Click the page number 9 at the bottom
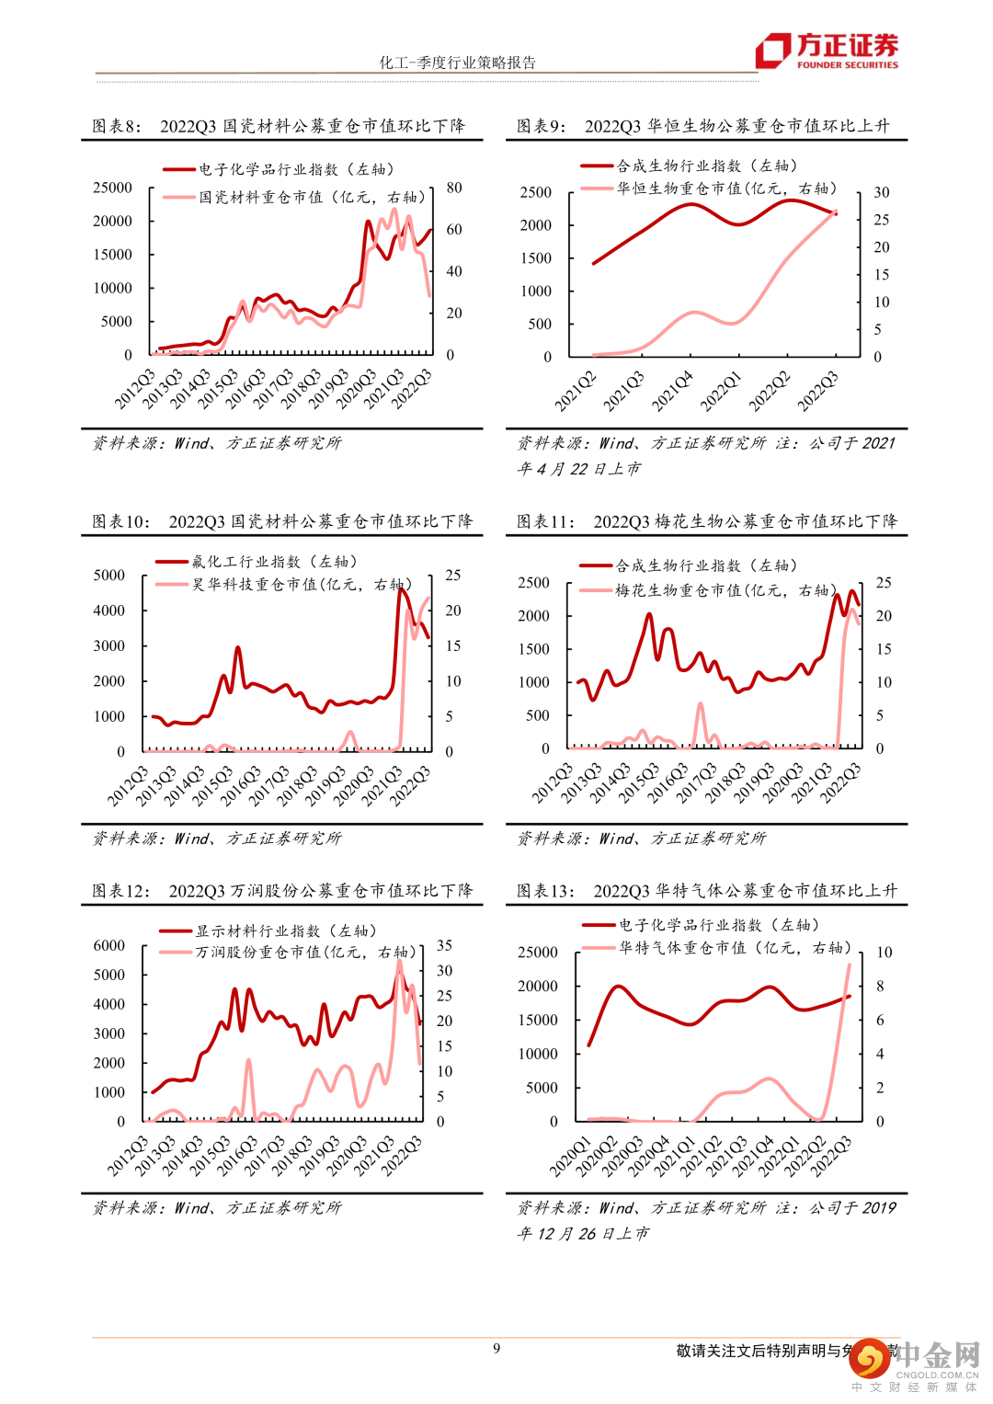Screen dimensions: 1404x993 point(496,1349)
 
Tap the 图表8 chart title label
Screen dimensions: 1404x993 point(279,126)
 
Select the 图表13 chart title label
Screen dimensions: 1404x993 point(706,891)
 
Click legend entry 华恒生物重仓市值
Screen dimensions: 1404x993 point(725,188)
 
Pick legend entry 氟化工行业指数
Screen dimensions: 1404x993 point(273,562)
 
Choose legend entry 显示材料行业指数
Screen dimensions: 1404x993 point(285,931)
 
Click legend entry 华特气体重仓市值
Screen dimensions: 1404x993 point(734,948)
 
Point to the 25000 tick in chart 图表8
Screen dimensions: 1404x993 point(113,188)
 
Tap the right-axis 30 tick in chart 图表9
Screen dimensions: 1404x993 point(882,192)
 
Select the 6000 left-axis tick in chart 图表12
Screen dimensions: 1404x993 point(109,946)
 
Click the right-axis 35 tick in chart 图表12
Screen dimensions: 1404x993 point(444,945)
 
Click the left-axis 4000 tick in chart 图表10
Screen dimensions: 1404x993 point(109,611)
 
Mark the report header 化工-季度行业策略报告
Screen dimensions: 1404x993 point(458,63)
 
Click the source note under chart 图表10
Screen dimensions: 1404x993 point(217,839)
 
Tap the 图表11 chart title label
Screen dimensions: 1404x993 point(706,521)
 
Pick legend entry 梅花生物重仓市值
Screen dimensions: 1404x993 point(725,590)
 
